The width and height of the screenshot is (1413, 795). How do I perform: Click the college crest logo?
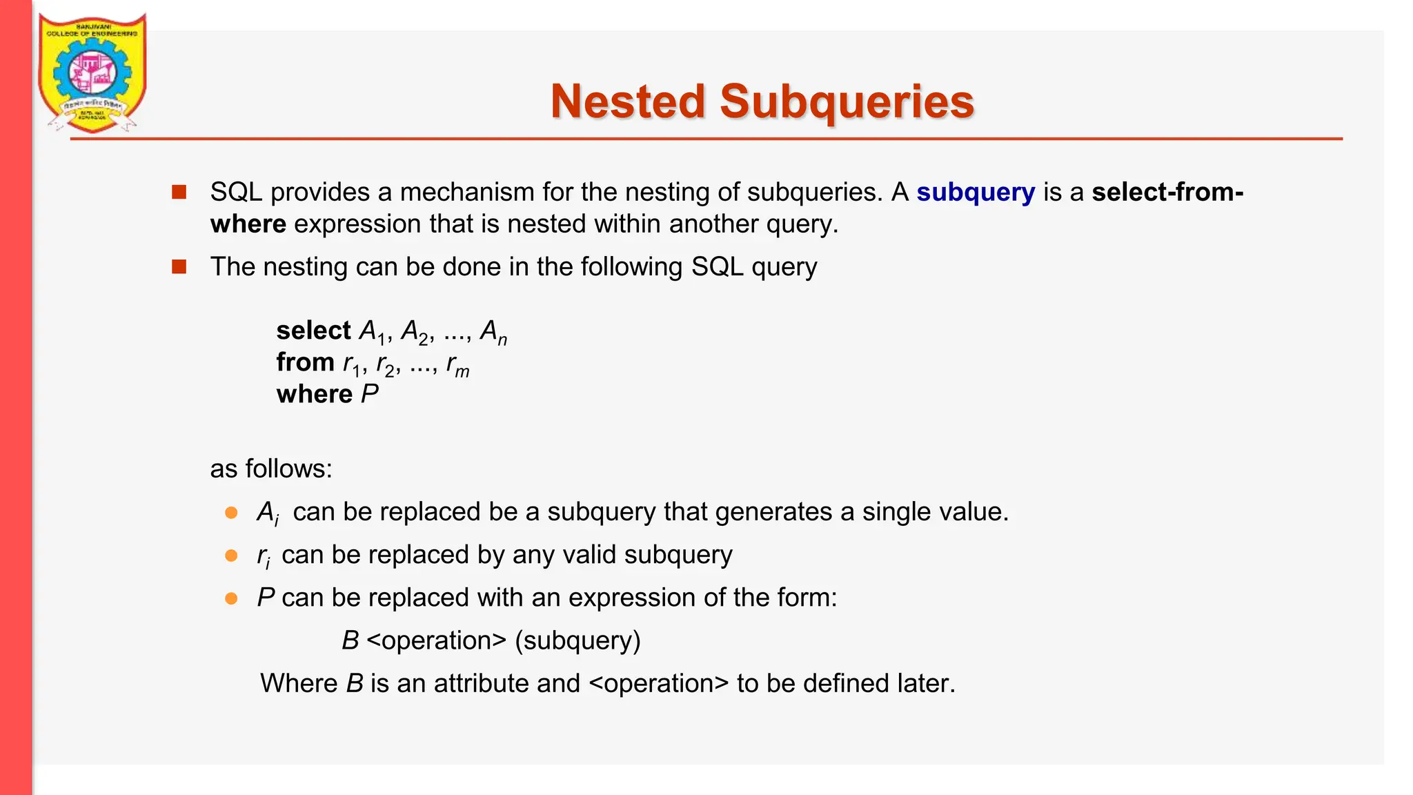click(x=92, y=72)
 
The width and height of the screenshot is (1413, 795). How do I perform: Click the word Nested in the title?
click(x=627, y=101)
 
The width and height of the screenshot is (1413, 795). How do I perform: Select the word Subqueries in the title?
click(x=847, y=101)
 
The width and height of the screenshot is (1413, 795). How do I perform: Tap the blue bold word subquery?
click(x=975, y=192)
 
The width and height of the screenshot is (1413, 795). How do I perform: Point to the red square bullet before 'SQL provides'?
click(x=179, y=192)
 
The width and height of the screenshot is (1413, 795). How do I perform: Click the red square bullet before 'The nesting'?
click(x=179, y=266)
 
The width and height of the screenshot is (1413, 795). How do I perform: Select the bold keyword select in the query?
click(x=314, y=331)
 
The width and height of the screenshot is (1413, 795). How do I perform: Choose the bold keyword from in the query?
click(x=305, y=362)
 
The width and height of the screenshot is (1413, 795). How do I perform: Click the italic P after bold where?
click(x=369, y=394)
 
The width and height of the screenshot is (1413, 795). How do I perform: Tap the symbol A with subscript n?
click(x=493, y=332)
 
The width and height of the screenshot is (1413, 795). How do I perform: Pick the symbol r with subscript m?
click(x=457, y=364)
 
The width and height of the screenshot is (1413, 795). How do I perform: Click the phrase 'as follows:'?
click(x=271, y=469)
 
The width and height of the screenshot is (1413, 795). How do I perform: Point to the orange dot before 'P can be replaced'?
click(x=232, y=598)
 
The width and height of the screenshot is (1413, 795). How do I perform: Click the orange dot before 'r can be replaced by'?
click(x=232, y=556)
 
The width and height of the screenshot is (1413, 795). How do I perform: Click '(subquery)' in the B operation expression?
click(x=577, y=641)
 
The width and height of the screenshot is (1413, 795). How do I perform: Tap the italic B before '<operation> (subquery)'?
click(x=350, y=641)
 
